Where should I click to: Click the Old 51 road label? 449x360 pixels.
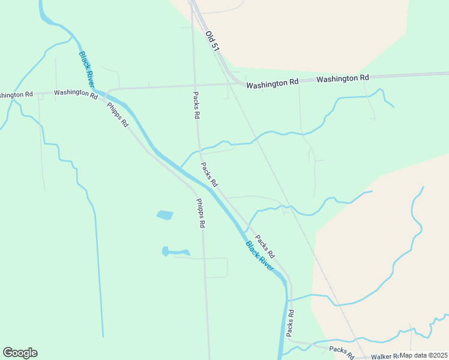click(x=211, y=41)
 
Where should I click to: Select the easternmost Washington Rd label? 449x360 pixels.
click(x=342, y=79)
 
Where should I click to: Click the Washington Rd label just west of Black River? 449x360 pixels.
click(x=76, y=94)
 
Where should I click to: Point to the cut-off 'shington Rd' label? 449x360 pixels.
click(x=16, y=95)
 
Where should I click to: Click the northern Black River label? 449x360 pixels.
click(x=86, y=68)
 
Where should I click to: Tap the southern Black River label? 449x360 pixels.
click(x=259, y=255)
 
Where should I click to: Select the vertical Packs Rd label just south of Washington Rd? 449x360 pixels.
click(x=196, y=105)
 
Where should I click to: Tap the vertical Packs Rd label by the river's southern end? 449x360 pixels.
click(x=290, y=322)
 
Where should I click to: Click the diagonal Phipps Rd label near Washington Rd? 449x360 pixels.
click(x=118, y=115)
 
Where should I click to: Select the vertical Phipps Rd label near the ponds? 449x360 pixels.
click(x=201, y=213)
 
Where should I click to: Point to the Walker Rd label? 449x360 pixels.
click(x=385, y=356)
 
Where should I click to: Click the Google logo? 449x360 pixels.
click(x=20, y=353)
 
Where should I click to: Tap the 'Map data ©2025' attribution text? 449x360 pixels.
click(x=424, y=355)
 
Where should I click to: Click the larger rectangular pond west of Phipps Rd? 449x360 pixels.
click(x=164, y=214)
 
